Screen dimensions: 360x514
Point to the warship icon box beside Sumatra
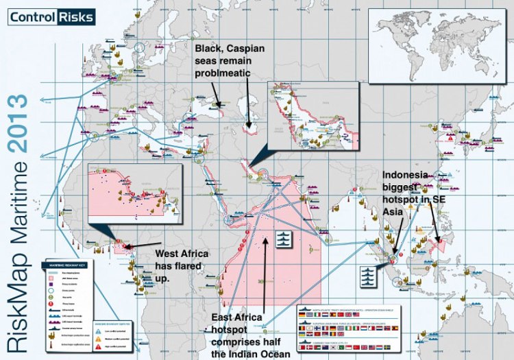tap(368, 274)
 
